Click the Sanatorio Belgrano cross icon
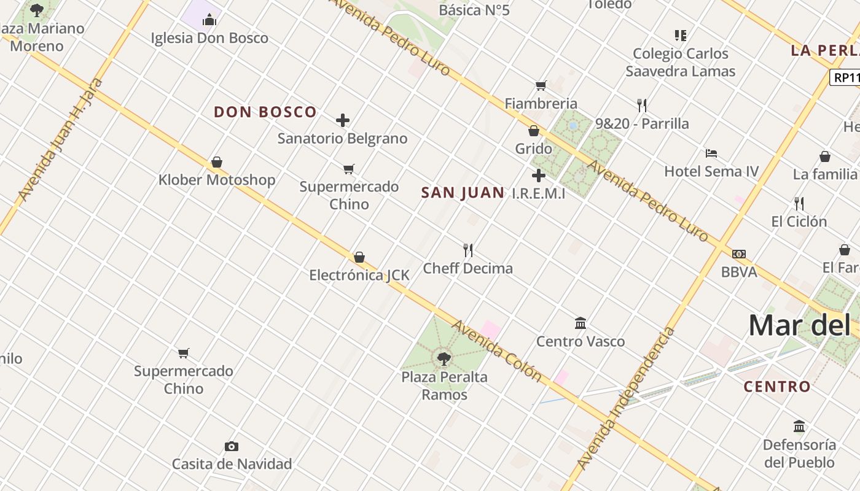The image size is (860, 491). point(343,120)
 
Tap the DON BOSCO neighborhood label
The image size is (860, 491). point(265,112)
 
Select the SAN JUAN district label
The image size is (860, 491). point(463,193)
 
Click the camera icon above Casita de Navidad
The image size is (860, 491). point(231,446)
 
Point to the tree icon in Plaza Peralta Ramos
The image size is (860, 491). point(444,358)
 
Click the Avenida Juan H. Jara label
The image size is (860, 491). point(60,140)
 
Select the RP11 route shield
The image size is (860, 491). point(845,78)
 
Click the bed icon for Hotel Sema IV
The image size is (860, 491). point(711,153)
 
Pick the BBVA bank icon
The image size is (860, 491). point(739,254)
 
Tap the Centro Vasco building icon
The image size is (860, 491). point(580,323)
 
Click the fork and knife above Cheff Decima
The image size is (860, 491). point(468,250)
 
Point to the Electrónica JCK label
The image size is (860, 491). point(359,275)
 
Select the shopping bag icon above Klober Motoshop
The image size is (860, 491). point(217,162)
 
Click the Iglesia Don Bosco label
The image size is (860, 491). point(209,38)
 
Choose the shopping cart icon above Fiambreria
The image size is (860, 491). point(541,85)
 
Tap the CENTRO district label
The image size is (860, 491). point(777,387)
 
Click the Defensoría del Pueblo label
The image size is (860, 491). point(799,453)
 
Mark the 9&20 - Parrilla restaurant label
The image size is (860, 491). point(642,124)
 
